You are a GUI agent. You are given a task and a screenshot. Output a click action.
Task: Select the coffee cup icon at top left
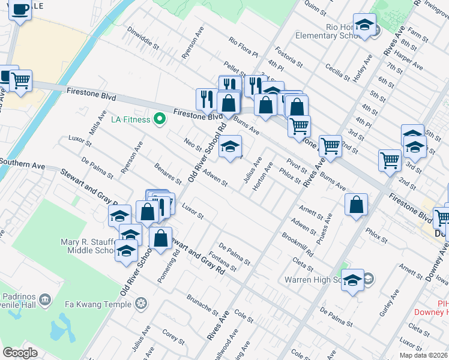[20, 10]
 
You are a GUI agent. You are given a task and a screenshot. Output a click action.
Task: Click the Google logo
[20, 353]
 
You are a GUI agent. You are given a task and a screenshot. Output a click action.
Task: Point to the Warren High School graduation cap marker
[352, 280]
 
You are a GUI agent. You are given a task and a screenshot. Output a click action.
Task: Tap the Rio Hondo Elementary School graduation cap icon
[364, 25]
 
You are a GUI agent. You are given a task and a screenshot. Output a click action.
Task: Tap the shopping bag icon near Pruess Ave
[356, 204]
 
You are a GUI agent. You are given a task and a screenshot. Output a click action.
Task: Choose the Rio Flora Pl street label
[243, 48]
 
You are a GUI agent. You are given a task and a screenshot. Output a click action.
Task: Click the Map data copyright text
[423, 355]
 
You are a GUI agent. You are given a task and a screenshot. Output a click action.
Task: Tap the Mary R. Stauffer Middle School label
[77, 247]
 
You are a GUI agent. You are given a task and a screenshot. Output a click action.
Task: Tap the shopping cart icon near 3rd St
[390, 160]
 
